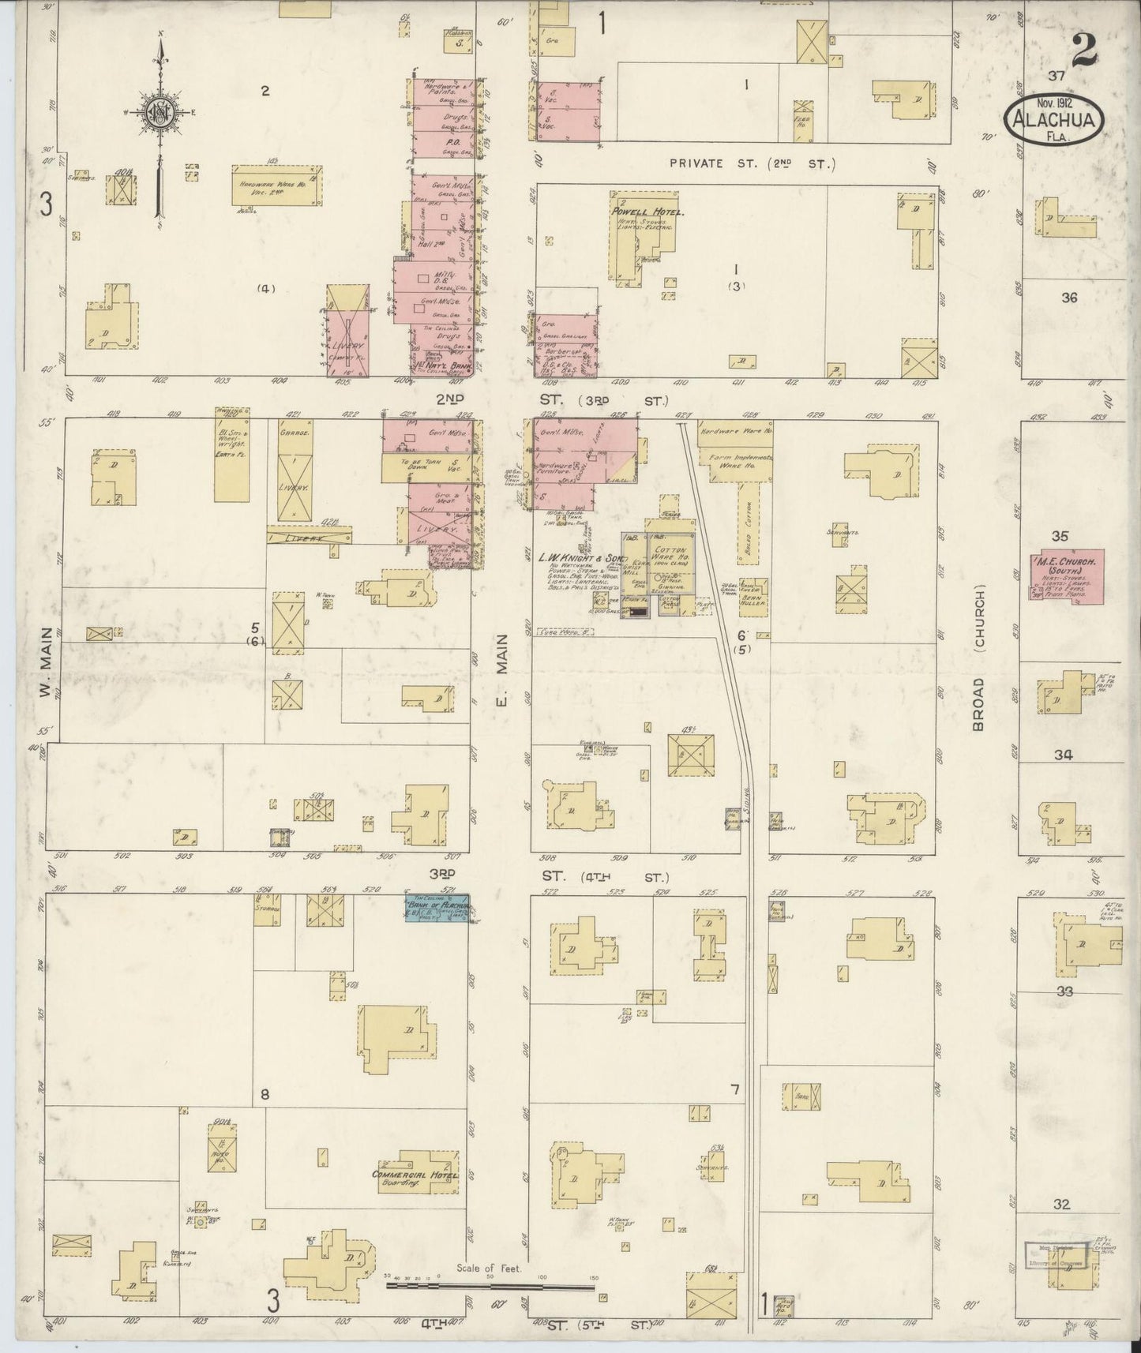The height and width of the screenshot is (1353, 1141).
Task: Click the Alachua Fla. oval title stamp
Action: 1054,119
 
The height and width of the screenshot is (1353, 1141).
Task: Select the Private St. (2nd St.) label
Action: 752,163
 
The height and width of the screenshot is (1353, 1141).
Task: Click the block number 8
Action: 265,1094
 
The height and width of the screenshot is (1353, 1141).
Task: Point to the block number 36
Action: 1068,298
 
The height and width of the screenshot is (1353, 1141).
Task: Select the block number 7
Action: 734,1090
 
